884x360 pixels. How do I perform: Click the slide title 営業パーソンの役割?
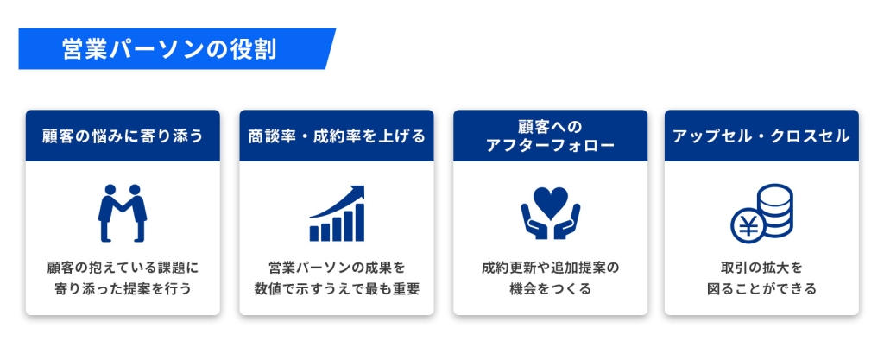point(169,49)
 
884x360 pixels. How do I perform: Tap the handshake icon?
point(122,212)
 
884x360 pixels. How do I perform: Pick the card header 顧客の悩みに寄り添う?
point(123,136)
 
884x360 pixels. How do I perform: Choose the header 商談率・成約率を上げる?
point(336,136)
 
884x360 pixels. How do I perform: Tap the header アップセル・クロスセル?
point(761,136)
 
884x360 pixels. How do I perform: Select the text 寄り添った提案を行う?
point(123,288)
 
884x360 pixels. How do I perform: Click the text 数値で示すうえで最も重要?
point(336,288)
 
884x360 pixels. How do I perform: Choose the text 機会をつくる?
point(550,288)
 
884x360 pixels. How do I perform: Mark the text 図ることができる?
point(761,288)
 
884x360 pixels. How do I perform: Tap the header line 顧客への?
point(550,126)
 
